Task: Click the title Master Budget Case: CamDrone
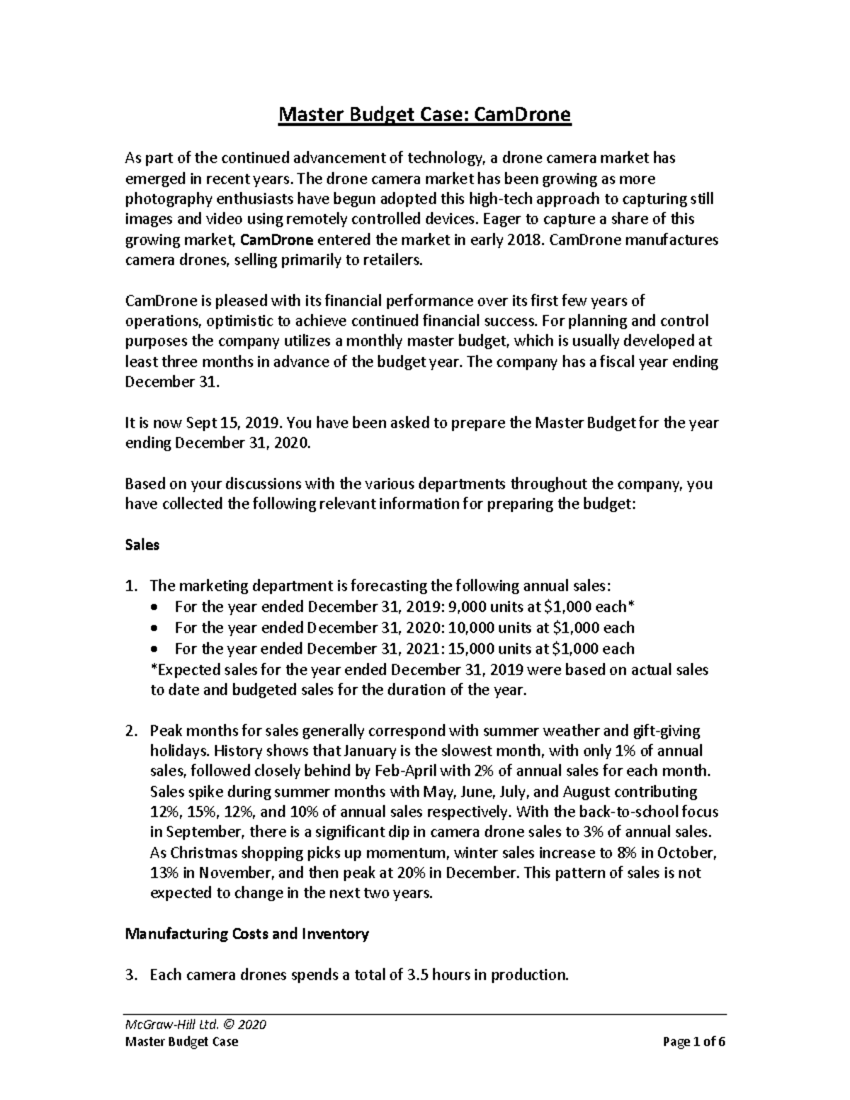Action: pos(424,115)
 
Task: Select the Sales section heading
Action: pos(142,545)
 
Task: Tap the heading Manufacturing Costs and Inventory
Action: pos(246,934)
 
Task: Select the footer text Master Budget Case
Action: pos(181,1042)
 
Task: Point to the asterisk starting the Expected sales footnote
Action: pos(154,669)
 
